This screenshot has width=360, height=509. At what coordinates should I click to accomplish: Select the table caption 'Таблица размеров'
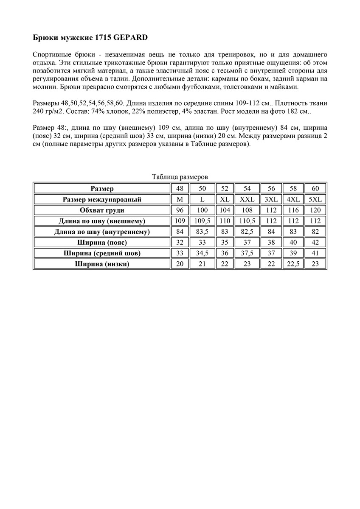pyautogui.click(x=180, y=177)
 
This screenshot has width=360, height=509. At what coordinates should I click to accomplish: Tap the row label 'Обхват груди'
pyautogui.click(x=102, y=210)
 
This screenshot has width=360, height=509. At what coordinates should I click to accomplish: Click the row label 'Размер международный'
pyautogui.click(x=102, y=199)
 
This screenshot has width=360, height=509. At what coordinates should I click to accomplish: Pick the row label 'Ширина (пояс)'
pyautogui.click(x=102, y=243)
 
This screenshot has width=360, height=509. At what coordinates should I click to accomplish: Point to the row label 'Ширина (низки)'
pyautogui.click(x=102, y=264)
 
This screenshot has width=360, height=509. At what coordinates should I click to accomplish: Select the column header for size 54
pyautogui.click(x=247, y=188)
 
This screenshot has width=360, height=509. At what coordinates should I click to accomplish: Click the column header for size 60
pyautogui.click(x=315, y=188)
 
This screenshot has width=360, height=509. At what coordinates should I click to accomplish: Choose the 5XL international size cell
pyautogui.click(x=315, y=199)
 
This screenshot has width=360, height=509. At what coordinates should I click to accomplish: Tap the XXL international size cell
pyautogui.click(x=247, y=199)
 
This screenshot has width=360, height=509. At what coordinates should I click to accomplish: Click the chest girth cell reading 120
pyautogui.click(x=315, y=210)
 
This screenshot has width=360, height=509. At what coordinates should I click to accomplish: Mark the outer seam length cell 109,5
pyautogui.click(x=202, y=221)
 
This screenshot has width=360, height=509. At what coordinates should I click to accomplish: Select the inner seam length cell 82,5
pyautogui.click(x=247, y=232)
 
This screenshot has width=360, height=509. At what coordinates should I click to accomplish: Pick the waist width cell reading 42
pyautogui.click(x=315, y=243)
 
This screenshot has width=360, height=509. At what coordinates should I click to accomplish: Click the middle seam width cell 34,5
pyautogui.click(x=202, y=253)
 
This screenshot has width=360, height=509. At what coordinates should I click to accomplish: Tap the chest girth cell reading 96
pyautogui.click(x=180, y=210)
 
